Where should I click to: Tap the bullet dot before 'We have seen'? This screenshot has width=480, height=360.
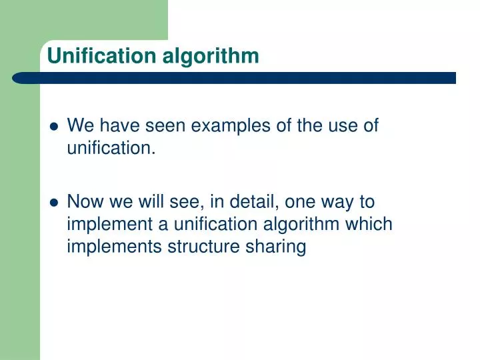(54, 127)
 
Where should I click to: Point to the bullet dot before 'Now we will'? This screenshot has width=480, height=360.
(54, 203)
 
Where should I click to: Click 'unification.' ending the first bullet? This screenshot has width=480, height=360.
(111, 148)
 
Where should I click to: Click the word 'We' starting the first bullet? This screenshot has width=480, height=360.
(80, 125)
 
